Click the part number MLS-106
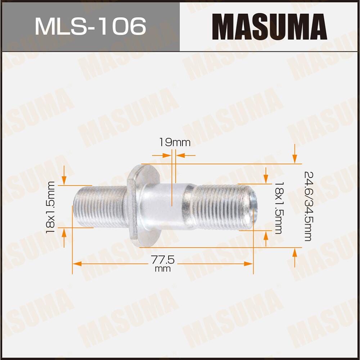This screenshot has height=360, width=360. (90, 26)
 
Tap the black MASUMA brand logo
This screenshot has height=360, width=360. (270, 26)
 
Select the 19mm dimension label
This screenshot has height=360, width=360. (175, 143)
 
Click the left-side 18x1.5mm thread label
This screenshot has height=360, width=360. (51, 207)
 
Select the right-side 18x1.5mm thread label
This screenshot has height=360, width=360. (278, 207)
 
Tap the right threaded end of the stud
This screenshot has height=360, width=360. (223, 207)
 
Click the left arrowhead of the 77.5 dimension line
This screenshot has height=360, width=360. (76, 264)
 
